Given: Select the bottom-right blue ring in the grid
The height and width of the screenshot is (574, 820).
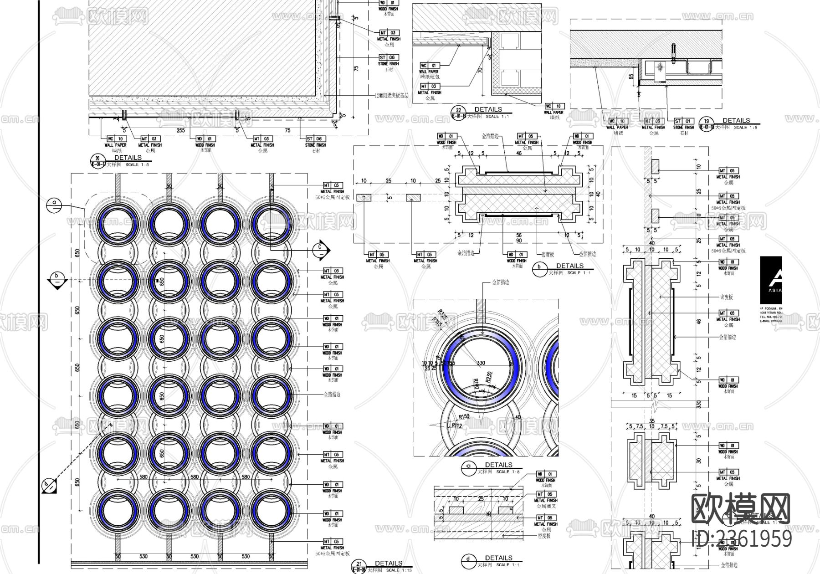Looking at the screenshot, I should [271, 511].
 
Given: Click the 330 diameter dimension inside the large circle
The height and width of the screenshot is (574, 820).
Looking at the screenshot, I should [481, 363].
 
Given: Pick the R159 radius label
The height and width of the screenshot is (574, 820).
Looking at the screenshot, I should [464, 416].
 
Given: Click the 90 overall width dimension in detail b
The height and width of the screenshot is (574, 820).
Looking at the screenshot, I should [519, 240].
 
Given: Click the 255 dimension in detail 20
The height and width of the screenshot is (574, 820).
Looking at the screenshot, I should [180, 130].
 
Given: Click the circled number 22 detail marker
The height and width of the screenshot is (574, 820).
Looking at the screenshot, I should [458, 113].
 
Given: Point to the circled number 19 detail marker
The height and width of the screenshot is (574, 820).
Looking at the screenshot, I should [707, 123].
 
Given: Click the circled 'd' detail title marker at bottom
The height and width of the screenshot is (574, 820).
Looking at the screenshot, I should [468, 560].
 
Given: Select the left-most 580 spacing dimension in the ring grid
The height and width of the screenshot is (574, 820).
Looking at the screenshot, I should [143, 477].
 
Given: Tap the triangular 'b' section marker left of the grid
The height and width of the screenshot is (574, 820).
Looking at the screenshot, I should [56, 279].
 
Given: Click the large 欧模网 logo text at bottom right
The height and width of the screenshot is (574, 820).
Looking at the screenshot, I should [740, 509].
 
